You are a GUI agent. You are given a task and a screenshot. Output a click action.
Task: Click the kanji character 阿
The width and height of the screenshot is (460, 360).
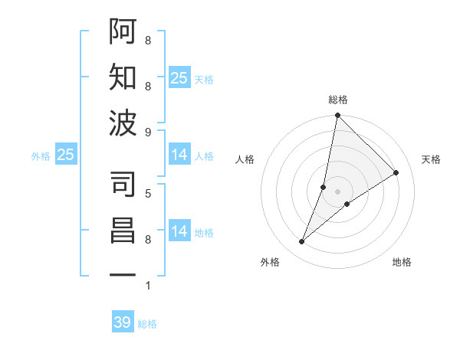click(x=123, y=31)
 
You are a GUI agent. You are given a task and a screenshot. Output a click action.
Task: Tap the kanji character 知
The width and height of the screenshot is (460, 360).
click(x=123, y=77)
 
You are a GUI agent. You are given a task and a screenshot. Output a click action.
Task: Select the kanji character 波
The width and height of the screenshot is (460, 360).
click(x=123, y=123)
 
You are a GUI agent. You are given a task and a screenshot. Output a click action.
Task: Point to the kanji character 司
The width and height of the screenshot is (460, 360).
click(x=123, y=184)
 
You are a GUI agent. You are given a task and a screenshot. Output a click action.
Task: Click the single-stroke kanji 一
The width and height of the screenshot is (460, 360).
click(x=123, y=274)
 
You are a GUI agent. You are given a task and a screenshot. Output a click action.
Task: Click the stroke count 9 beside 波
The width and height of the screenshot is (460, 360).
click(x=147, y=132)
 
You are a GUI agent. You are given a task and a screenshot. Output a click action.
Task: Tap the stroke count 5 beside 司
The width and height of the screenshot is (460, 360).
click(x=147, y=192)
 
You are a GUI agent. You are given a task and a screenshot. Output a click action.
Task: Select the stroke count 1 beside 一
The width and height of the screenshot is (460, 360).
click(x=147, y=286)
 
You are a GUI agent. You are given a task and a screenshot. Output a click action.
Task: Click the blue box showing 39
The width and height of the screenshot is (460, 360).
click(x=123, y=322)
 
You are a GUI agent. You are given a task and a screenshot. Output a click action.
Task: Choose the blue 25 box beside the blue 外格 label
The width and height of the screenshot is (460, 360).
click(x=66, y=155)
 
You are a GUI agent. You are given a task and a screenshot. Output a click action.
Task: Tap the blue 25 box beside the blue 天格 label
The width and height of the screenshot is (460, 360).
click(x=179, y=78)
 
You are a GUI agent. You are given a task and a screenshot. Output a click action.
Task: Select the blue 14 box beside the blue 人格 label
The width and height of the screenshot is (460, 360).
click(x=179, y=155)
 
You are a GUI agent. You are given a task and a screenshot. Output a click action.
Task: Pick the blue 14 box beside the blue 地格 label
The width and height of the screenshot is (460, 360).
click(x=179, y=231)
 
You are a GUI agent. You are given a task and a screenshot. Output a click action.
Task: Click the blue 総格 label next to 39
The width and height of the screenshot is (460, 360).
click(x=147, y=324)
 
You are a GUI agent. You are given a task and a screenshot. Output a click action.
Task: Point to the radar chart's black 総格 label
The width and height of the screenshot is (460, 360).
click(x=337, y=100)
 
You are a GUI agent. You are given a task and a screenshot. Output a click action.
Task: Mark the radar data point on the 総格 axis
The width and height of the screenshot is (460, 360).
click(x=337, y=116)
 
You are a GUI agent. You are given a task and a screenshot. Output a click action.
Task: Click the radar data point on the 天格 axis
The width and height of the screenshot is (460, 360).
click(x=396, y=172)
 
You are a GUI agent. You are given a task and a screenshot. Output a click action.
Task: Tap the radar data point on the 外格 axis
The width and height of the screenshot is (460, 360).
click(x=302, y=242)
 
